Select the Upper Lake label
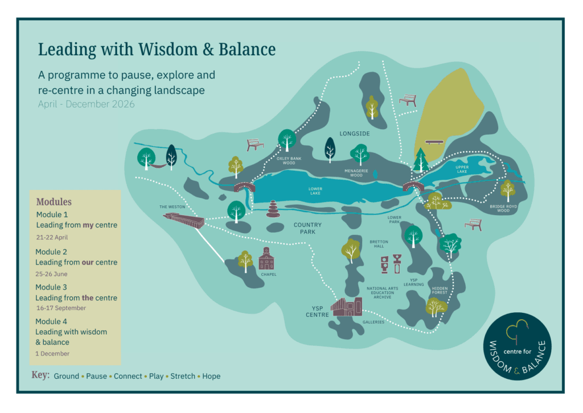[462, 170]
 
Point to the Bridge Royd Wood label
[504, 209]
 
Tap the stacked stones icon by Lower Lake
[273, 209]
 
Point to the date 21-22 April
[52, 237]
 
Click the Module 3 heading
[51, 287]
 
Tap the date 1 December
[52, 353]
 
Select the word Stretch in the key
[182, 376]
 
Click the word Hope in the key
[211, 376]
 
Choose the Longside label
[355, 134]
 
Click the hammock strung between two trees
[158, 163]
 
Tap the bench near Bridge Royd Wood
[473, 225]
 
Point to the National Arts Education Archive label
[383, 292]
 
